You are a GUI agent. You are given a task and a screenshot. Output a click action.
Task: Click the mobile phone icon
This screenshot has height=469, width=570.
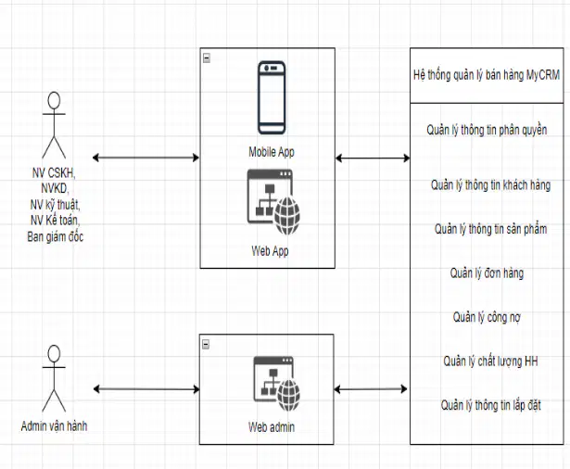(272, 98)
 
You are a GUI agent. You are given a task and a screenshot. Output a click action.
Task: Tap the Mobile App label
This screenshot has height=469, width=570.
(272, 152)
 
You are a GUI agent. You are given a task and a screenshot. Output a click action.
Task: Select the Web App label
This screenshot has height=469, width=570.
(270, 251)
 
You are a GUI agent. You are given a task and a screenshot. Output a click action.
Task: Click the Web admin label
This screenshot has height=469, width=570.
(272, 426)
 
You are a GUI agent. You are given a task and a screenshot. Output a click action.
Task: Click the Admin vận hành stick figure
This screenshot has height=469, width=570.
(54, 378)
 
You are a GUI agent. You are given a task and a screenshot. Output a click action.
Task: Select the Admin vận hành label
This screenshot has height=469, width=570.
(54, 425)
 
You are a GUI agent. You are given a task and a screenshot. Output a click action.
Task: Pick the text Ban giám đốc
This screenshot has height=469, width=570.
(56, 236)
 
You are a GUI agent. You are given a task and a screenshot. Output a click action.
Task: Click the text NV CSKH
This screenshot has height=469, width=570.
(53, 172)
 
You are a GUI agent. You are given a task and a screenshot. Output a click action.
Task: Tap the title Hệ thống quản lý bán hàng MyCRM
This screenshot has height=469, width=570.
(487, 75)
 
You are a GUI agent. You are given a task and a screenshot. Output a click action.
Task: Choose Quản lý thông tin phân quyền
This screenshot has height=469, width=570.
(487, 130)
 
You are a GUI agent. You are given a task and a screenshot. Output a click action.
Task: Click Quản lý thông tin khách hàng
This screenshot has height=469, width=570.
(490, 185)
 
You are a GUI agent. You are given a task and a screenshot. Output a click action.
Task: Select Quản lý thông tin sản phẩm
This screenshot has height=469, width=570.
(490, 229)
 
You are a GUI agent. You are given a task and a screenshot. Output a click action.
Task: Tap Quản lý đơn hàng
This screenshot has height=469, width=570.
(487, 273)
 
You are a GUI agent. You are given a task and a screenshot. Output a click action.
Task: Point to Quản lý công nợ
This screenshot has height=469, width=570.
(487, 317)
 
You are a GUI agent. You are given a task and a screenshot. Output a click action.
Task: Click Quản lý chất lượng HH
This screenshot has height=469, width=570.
(490, 361)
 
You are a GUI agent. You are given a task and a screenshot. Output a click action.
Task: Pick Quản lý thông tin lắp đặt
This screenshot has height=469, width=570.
(490, 405)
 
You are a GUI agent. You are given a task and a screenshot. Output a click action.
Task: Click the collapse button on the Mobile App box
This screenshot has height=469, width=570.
(207, 57)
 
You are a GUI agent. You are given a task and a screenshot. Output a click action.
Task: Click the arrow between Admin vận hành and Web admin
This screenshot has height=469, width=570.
(146, 389)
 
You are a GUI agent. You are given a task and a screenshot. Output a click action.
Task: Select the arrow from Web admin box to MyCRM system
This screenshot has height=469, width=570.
(371, 389)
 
